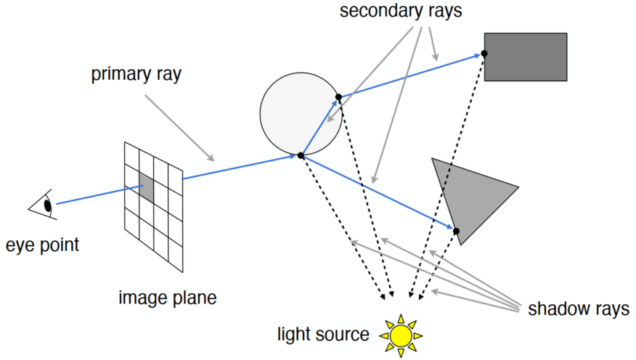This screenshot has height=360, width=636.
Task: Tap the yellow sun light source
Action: [400, 335]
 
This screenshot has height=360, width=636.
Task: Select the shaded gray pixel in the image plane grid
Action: [146, 188]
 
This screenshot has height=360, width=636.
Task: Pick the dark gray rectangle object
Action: [526, 57]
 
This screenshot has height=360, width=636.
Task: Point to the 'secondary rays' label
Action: [401, 12]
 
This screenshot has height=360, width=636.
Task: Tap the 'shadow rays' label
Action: [578, 308]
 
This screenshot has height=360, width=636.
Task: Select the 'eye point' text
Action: [43, 245]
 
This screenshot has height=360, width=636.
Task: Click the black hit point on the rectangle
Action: [484, 53]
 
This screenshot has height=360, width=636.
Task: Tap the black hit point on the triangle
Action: [456, 232]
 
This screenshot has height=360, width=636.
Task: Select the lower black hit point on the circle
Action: [301, 155]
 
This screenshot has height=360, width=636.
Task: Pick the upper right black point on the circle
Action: [338, 97]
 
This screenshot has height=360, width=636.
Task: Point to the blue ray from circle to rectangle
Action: [410, 75]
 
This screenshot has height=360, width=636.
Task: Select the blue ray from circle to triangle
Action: [378, 193]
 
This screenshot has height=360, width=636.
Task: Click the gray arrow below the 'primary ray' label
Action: [178, 127]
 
